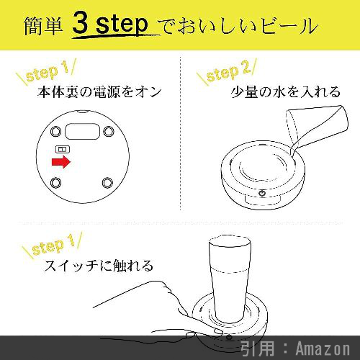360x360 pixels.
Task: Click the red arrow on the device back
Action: [61, 161]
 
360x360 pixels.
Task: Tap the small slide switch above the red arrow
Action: [63, 149]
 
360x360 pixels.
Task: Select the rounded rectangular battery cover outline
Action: [83, 132]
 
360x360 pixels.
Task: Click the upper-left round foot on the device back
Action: [55, 132]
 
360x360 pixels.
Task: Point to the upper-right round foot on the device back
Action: [109, 131]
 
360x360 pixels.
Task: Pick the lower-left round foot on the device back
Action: [55, 183]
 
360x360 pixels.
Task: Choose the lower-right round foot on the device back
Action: [107, 183]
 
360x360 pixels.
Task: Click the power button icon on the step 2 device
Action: [262, 193]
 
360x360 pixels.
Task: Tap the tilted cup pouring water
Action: [317, 127]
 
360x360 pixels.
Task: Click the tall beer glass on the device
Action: [230, 279]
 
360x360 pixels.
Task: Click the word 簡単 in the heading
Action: [43, 26]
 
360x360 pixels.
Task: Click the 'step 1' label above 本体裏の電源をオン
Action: [46, 71]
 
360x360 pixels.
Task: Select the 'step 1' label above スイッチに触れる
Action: [52, 245]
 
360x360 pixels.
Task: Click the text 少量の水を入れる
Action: [286, 92]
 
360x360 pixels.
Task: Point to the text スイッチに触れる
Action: [99, 266]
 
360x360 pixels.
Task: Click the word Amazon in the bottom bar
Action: [323, 348]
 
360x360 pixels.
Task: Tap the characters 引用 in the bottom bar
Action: [257, 348]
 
